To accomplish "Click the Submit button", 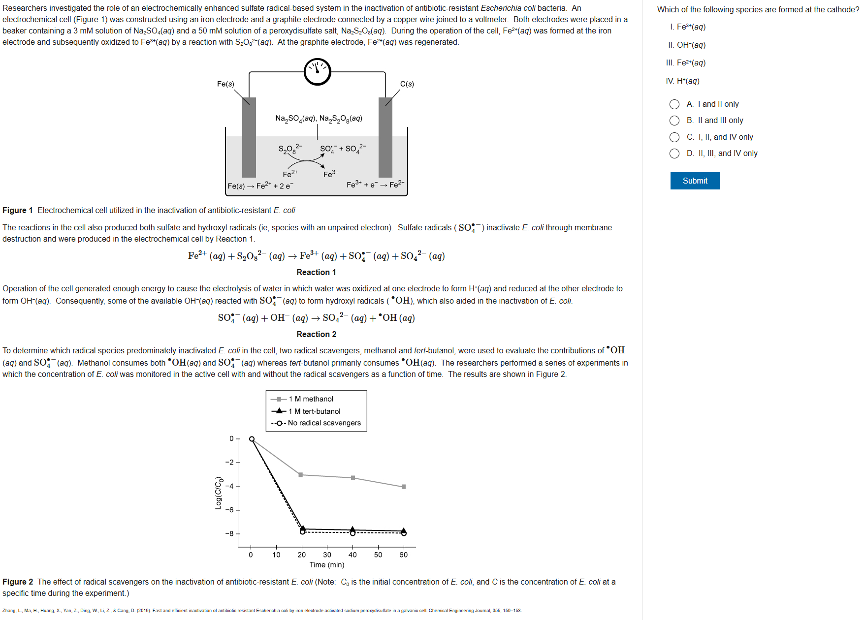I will coord(695,181).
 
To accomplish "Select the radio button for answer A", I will coord(674,104).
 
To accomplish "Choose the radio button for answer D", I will coord(674,154).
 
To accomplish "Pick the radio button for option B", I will coord(674,121).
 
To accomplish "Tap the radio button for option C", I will coord(674,137).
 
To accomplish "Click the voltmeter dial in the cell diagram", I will coord(318,71).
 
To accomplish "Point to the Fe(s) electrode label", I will coord(225,84).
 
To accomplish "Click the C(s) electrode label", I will coord(407,84).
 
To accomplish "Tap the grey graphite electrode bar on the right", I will coord(385,138).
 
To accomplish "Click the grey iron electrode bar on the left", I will coord(249,138).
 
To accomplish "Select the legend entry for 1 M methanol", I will coord(311,399).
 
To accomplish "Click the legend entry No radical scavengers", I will coord(324,423).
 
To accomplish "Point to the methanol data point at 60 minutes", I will coord(404,487).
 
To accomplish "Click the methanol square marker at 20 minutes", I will coord(301,475).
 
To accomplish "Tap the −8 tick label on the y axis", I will coord(229,533).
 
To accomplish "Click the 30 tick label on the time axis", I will coord(327,555).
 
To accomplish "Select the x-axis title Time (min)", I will coord(327,565).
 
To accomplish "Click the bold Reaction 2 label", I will coord(317,334).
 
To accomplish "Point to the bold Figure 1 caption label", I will coord(18,211).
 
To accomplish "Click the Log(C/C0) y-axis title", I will coord(218,493).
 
